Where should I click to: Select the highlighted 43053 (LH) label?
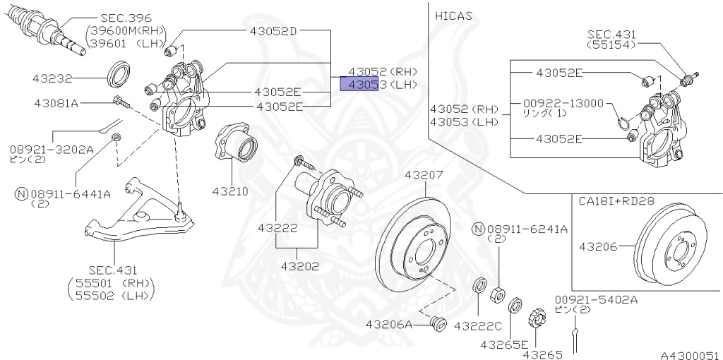coord(378,85)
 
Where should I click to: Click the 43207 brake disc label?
coord(424,175)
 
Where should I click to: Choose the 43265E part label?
coord(504,344)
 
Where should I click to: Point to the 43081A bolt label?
coord(56,103)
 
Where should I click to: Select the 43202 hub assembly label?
coord(299,267)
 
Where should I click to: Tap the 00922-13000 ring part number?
coord(563,103)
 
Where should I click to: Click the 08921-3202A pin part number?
coord(51,150)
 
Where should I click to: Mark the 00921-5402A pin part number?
coord(595,299)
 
